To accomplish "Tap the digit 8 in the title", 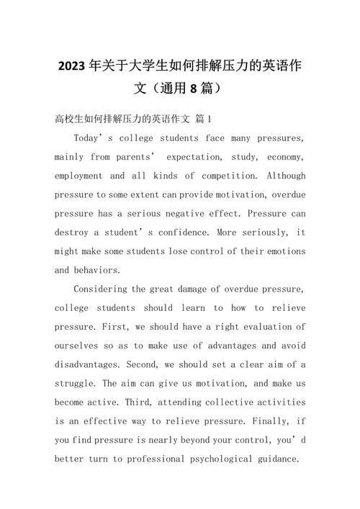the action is pos(192,90).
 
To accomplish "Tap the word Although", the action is pos(286,176).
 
